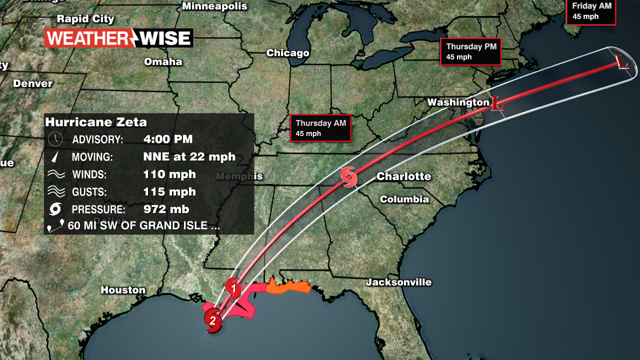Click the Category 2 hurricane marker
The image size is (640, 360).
pos(213,320)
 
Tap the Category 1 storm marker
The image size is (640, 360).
pos(233,288)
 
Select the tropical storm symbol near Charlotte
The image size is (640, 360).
pos(349,177)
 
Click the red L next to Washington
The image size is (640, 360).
pos(496,103)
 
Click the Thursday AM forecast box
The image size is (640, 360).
pos(320,128)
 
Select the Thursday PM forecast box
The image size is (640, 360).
pos(470,51)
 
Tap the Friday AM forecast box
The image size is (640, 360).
pos(590,11)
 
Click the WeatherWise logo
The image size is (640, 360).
pos(118,38)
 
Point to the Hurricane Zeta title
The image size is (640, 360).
pos(96,122)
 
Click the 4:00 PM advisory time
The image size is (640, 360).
pos(167,139)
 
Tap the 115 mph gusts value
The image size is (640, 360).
pos(169,191)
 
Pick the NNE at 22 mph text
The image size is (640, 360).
pos(189,156)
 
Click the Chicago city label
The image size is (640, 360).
pos(287,53)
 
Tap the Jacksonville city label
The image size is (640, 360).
pos(398,282)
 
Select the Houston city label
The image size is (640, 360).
pos(123,290)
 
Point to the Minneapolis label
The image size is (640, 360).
pos(214,6)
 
